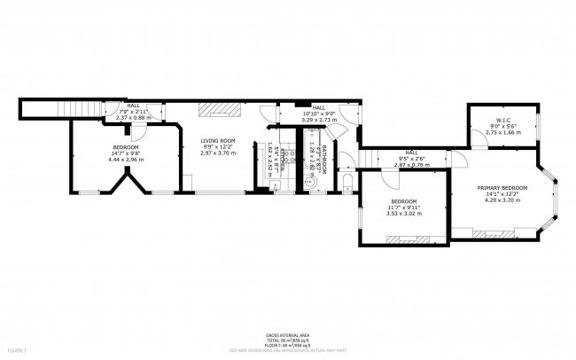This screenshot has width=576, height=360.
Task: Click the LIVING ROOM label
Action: (217, 140)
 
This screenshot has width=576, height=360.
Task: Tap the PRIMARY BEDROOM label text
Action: (502, 188)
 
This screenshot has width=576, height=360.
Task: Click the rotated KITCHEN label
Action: (282, 159)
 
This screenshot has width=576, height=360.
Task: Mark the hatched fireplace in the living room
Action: (219, 109)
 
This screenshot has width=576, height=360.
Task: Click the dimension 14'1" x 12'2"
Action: (502, 195)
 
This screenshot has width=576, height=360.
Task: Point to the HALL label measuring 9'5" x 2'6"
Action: (411, 152)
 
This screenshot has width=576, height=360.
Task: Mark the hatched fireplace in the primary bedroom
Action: (489, 234)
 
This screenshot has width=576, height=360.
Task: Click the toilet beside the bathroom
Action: (346, 183)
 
